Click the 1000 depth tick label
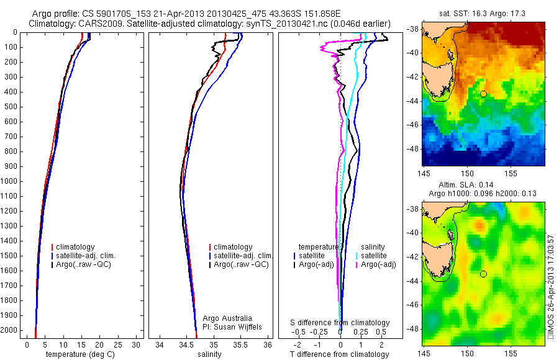pyautogui.click(x=10, y=181)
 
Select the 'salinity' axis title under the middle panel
pyautogui.click(x=209, y=354)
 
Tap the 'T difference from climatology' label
pyautogui.click(x=340, y=354)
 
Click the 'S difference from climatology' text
pyautogui.click(x=340, y=323)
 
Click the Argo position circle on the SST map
pyautogui.click(x=483, y=94)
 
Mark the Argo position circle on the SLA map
pyautogui.click(x=483, y=274)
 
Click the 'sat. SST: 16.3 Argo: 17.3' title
pyautogui.click(x=483, y=12)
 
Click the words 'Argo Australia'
pyautogui.click(x=228, y=318)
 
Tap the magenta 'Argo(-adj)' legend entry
pyautogui.click(x=378, y=264)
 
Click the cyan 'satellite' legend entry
pyautogui.click(x=375, y=256)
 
